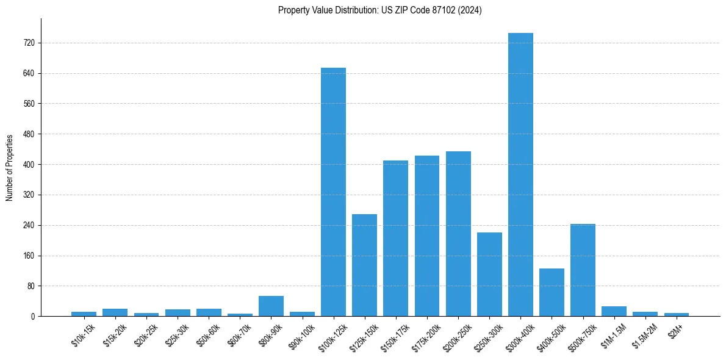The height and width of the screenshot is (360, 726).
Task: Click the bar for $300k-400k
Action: (520, 175)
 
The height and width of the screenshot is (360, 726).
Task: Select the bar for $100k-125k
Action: (333, 192)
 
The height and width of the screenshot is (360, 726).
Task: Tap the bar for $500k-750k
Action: (583, 270)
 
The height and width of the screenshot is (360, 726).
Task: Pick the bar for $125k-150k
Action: (364, 265)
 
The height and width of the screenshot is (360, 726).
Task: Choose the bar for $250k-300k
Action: (489, 274)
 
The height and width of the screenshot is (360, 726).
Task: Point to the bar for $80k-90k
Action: (271, 306)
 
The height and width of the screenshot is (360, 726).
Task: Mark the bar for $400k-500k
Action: (552, 292)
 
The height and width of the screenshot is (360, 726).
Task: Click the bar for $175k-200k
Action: (427, 236)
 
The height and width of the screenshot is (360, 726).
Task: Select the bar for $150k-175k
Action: (395, 238)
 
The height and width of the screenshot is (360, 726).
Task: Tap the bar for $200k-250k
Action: (458, 234)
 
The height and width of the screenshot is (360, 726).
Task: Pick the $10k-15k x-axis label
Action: (82, 335)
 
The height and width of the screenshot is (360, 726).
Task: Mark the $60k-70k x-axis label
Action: (239, 335)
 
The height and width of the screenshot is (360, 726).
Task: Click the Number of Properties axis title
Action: (9, 167)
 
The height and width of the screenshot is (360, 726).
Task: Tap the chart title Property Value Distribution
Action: (379, 10)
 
